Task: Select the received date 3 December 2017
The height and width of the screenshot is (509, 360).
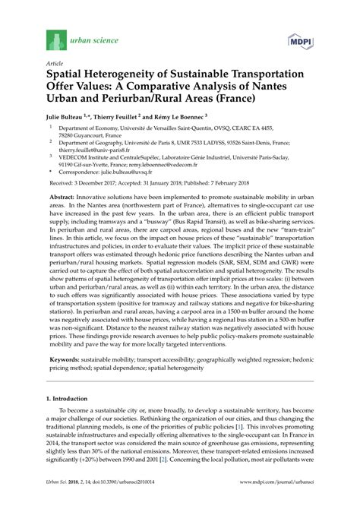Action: pos(98,183)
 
